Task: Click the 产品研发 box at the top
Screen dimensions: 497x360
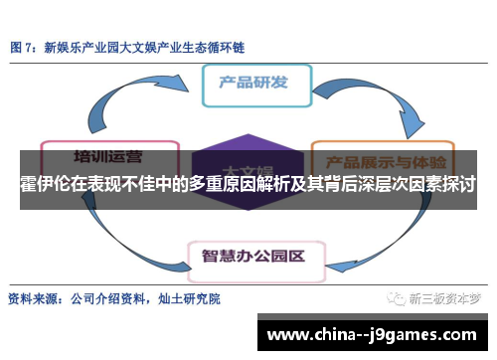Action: (x=257, y=85)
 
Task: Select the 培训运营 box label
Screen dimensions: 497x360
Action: (x=108, y=156)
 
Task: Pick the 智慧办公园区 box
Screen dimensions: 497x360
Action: (x=253, y=254)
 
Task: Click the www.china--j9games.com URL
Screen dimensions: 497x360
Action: (x=373, y=334)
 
